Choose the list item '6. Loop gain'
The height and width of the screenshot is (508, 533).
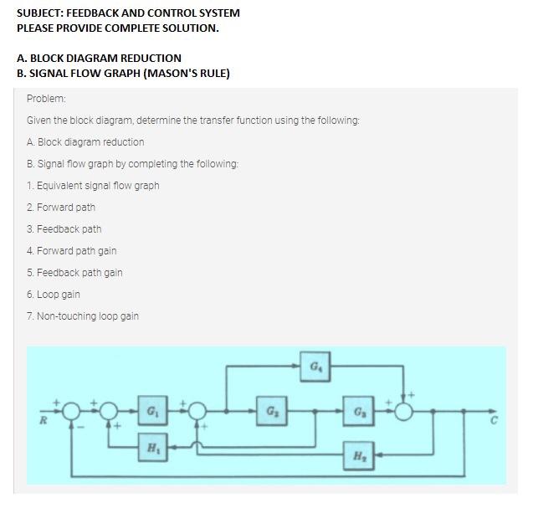(54, 294)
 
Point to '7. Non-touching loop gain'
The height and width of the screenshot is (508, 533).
(83, 316)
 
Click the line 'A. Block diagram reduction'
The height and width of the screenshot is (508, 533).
(85, 141)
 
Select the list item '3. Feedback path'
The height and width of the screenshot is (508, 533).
(64, 228)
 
